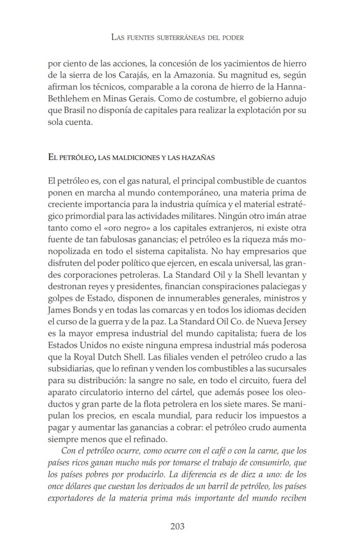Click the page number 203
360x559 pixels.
[x=177, y=526]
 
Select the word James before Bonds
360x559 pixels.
[x=59, y=310]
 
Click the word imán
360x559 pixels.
[x=262, y=216]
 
